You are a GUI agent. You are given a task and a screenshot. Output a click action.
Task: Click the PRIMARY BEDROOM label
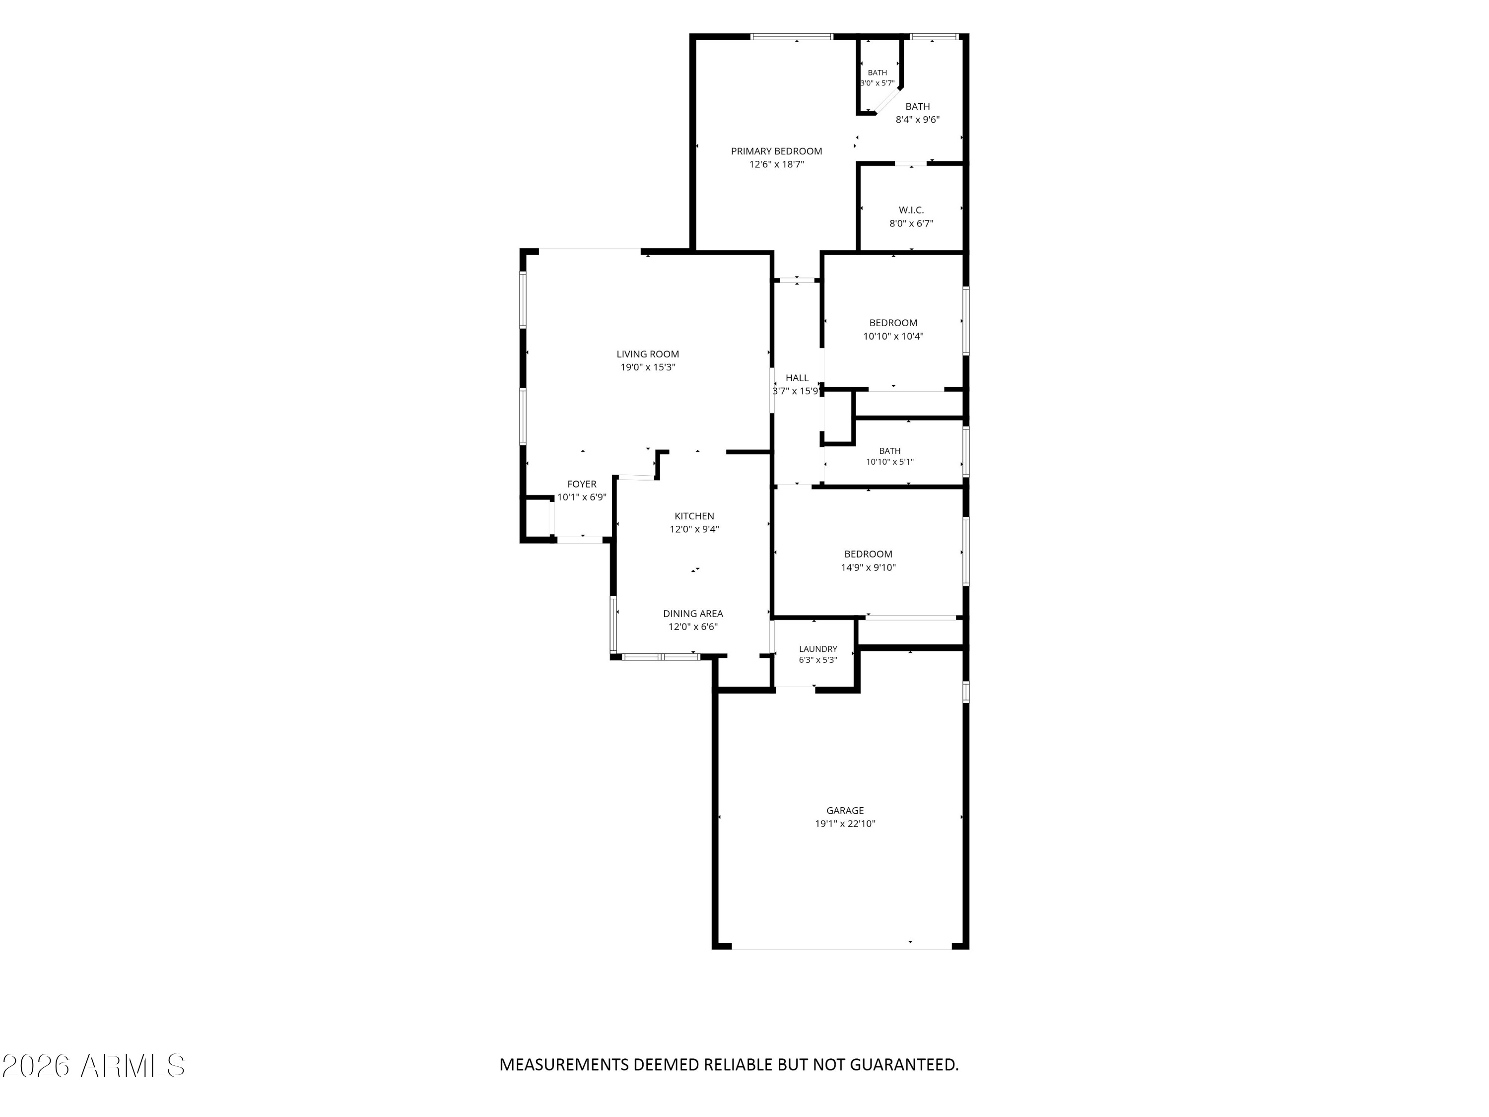coord(776,151)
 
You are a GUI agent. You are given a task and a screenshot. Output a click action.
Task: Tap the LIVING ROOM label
coord(648,354)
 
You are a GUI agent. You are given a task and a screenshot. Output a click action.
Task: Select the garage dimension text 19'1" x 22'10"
coord(845,824)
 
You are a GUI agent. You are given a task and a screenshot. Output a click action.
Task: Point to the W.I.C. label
coord(911,210)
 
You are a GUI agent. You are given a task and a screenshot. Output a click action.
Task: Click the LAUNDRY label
coord(818,649)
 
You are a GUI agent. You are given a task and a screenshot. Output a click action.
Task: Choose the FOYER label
coord(582,484)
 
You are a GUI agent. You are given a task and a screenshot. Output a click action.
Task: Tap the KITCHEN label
coord(694,516)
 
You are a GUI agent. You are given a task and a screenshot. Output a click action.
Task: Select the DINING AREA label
coord(693,614)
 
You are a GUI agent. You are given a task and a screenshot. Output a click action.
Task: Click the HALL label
coord(797,378)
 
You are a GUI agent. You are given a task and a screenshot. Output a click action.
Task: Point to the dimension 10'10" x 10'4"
coord(893,336)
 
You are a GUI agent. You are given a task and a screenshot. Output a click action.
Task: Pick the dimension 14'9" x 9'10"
coord(869,567)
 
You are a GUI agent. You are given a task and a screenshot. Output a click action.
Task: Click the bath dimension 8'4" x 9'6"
coord(918,120)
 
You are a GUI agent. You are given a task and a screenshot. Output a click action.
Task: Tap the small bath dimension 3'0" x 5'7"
coord(878,83)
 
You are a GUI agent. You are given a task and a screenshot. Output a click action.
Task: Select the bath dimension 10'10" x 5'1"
coord(890,462)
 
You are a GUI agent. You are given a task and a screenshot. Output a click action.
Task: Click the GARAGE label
coord(845,811)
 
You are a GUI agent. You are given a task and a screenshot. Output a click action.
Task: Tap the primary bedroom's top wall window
coord(792,36)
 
